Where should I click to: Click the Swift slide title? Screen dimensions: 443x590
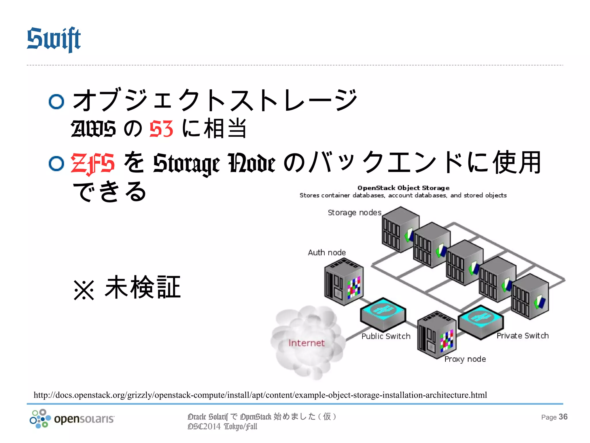[x=54, y=39]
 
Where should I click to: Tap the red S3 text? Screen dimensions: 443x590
[x=161, y=129]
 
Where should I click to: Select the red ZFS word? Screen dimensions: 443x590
[x=93, y=164]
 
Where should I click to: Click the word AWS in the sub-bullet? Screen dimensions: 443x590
[x=93, y=129]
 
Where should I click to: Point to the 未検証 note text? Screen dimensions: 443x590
[x=143, y=287]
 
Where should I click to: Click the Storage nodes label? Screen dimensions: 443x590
[x=354, y=213]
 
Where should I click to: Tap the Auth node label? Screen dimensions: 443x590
[x=327, y=253]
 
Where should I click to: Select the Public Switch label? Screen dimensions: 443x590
[x=386, y=336]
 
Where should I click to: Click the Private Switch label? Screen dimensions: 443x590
[x=522, y=336]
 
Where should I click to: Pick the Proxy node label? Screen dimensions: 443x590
[x=465, y=359]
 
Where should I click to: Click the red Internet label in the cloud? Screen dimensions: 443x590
[x=307, y=343]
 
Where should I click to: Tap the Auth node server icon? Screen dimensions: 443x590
[x=343, y=281]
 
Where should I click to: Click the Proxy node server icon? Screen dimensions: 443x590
[x=436, y=335]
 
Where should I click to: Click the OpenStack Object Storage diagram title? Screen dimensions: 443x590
[x=403, y=188]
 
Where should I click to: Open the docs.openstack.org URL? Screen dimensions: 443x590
[x=260, y=395]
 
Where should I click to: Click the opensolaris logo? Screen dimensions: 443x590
[x=72, y=418]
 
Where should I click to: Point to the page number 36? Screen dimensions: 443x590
[x=563, y=417]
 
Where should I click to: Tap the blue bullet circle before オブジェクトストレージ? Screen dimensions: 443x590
[x=56, y=102]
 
